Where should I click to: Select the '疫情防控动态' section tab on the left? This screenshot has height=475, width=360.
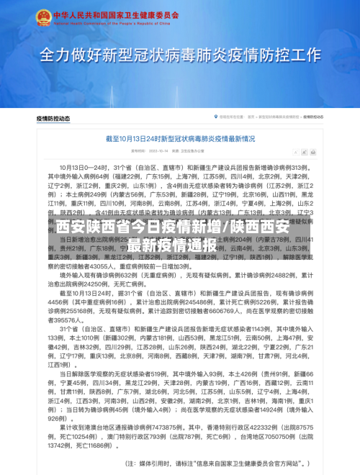pyautogui.click(x=53, y=117)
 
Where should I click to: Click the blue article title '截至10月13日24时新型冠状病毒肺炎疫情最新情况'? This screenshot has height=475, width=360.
pyautogui.click(x=179, y=138)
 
